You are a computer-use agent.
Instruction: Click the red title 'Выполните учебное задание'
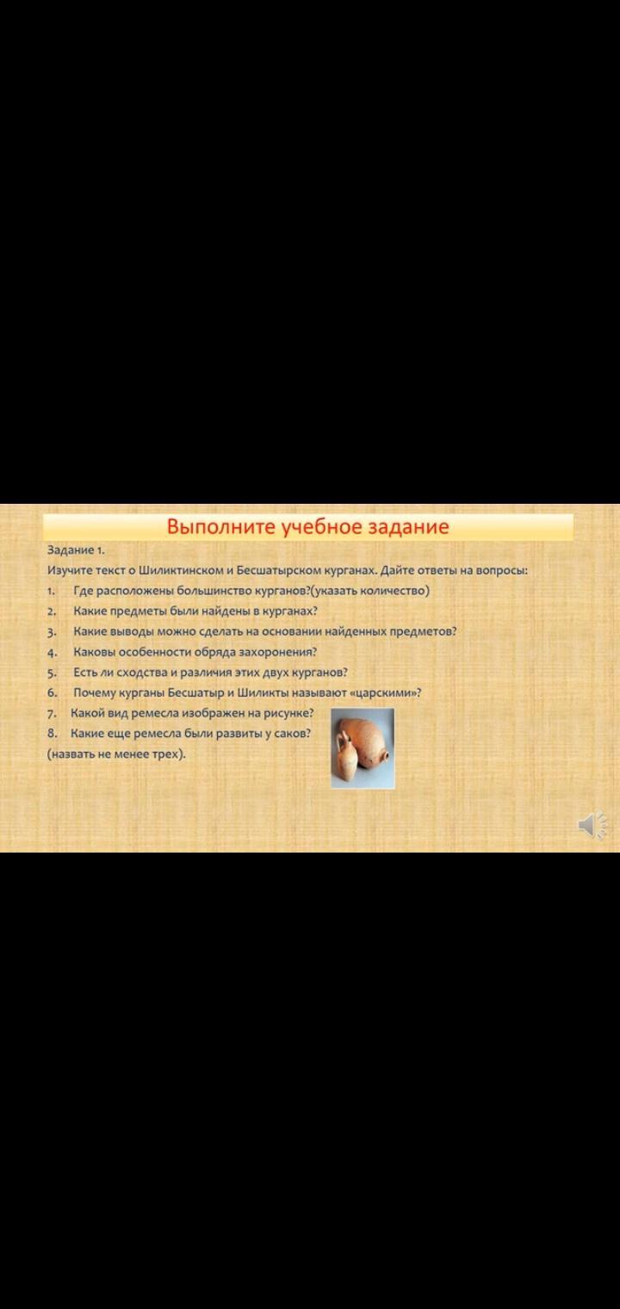tap(308, 526)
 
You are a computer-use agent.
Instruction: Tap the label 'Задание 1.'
tap(76, 550)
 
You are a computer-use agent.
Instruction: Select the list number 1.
tap(51, 591)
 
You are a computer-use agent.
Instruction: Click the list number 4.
tap(52, 653)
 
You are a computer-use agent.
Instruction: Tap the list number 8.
tap(52, 734)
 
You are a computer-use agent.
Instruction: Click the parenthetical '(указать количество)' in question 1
tap(369, 591)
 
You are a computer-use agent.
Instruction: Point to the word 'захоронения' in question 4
tap(277, 652)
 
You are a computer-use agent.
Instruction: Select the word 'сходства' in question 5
tap(142, 673)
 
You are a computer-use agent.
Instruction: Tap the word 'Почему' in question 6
tap(95, 693)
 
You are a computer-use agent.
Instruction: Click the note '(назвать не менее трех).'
tap(116, 754)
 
